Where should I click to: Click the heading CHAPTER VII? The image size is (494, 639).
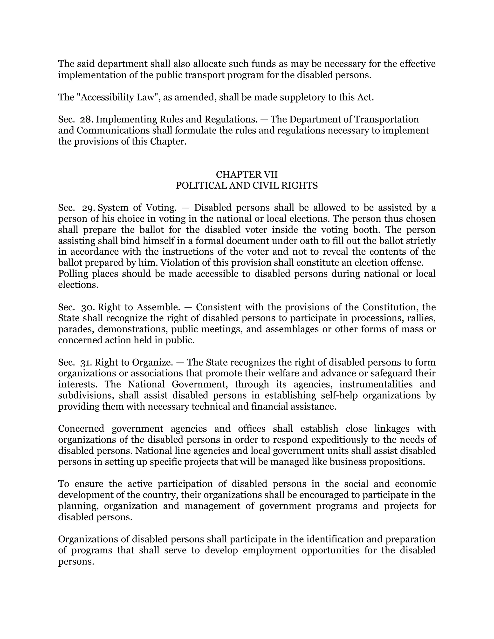(247, 175)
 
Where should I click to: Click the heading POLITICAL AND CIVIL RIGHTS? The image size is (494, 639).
(247, 186)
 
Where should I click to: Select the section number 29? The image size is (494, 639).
(88, 208)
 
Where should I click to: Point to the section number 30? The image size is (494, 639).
(88, 307)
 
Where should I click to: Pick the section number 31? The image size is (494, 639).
(87, 362)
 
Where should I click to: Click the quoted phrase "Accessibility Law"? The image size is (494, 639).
(118, 97)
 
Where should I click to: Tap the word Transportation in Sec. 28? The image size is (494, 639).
(387, 119)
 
